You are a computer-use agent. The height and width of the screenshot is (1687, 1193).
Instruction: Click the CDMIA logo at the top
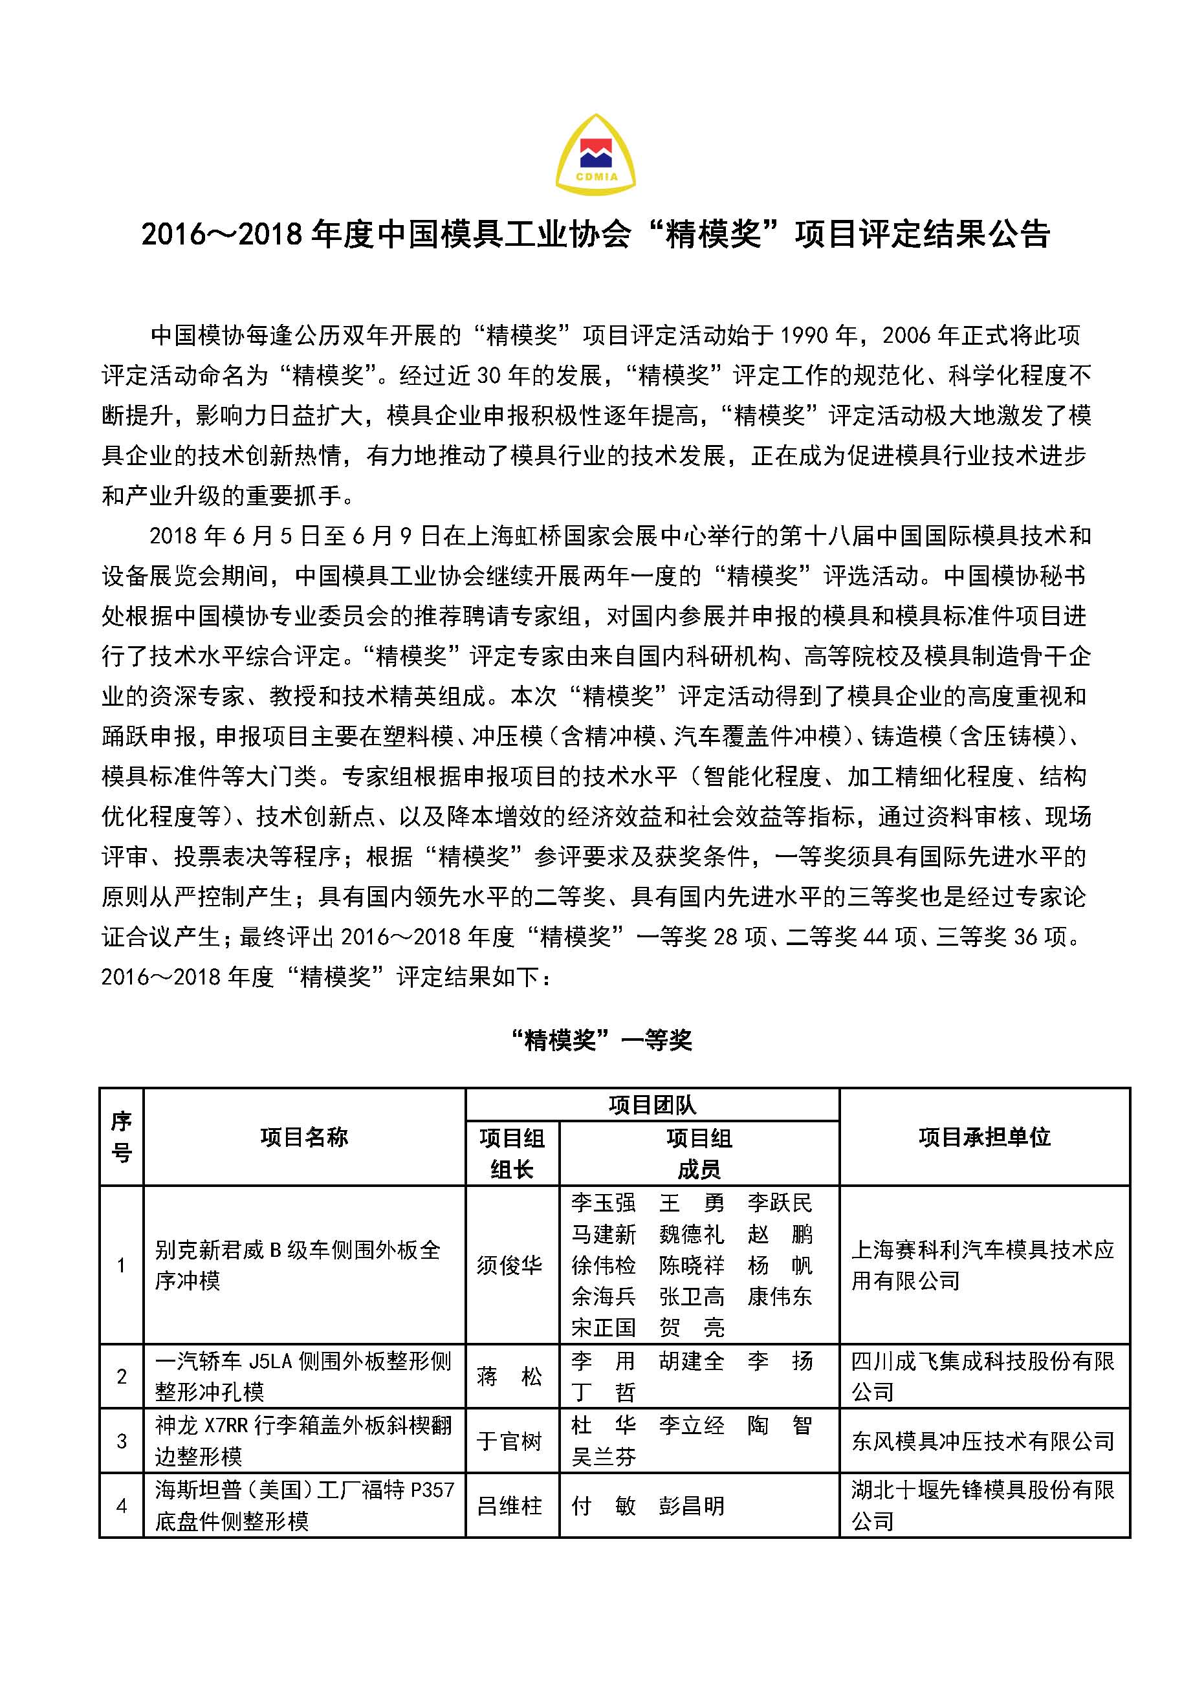[x=595, y=155]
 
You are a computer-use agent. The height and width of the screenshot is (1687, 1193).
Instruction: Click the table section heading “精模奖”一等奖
[x=600, y=1039]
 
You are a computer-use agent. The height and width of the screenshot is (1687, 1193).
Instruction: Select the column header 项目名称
[x=303, y=1137]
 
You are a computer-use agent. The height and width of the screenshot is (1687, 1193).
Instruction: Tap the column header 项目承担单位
[x=984, y=1137]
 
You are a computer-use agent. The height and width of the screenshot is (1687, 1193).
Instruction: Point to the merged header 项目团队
[x=652, y=1104]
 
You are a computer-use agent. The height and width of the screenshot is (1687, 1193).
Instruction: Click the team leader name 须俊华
[x=509, y=1265]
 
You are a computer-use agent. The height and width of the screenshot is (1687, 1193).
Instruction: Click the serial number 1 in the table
[x=121, y=1265]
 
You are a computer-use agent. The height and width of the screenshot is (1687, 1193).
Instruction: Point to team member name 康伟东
[x=779, y=1296]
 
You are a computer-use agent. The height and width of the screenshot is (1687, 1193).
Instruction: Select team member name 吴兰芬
[x=604, y=1456]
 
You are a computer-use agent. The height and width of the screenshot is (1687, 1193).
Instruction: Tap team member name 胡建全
[x=692, y=1361]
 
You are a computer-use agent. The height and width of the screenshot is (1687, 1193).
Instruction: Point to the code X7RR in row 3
[x=226, y=1426]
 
